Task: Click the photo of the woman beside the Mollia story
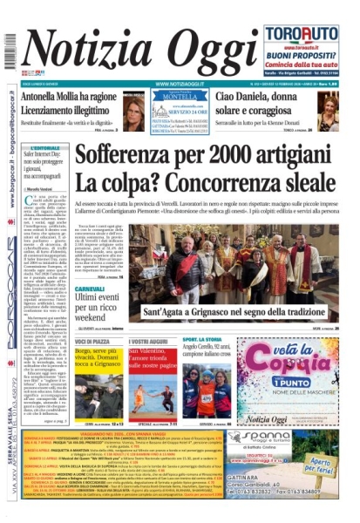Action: [x=135, y=111]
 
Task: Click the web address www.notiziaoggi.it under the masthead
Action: [x=180, y=84]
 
